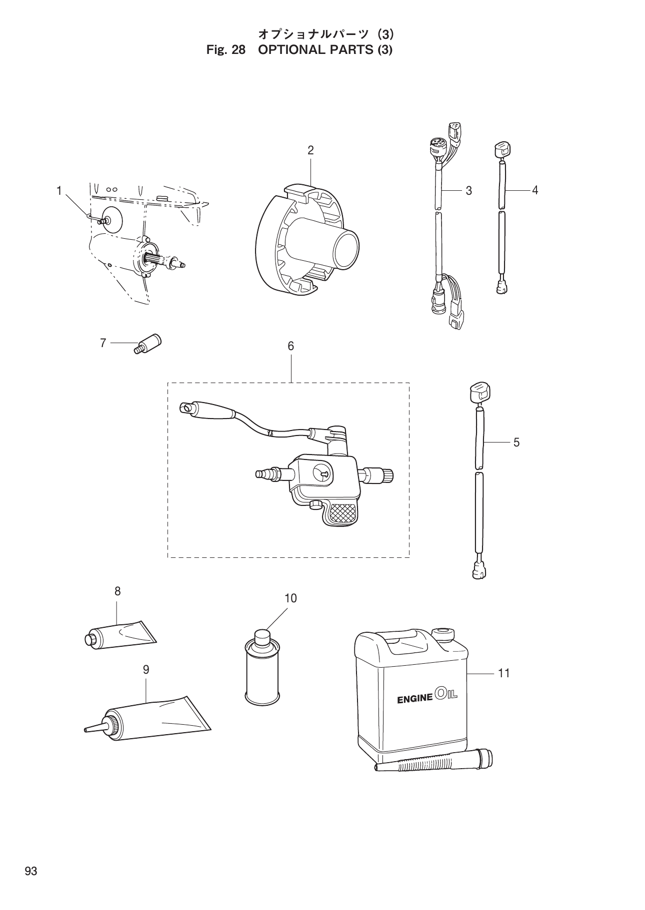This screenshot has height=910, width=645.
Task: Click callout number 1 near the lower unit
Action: point(58,190)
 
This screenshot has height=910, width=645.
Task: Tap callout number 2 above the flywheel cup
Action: point(310,150)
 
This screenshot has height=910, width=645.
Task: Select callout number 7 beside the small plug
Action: point(103,343)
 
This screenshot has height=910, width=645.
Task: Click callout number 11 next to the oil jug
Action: point(503,673)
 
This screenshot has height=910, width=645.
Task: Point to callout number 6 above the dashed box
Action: point(290,346)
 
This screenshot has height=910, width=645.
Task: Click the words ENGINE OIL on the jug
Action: point(427,696)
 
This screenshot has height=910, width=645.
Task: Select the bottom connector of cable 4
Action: point(501,287)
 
